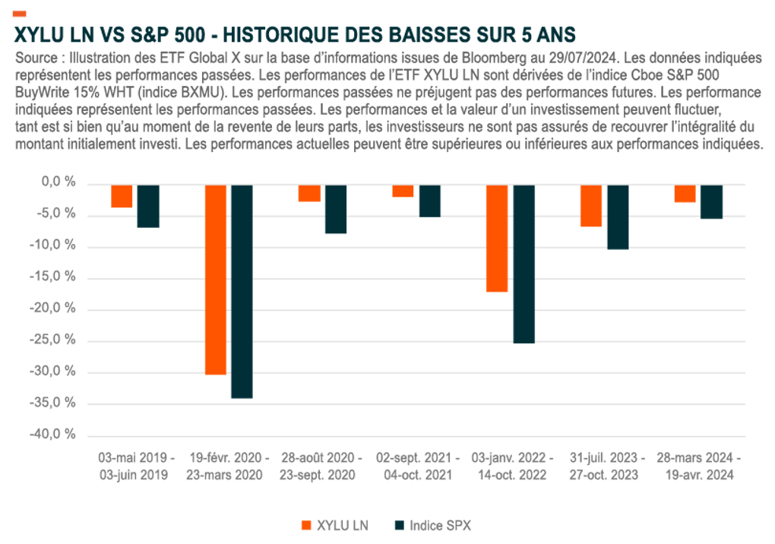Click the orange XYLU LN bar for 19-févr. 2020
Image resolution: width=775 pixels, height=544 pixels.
(x=216, y=279)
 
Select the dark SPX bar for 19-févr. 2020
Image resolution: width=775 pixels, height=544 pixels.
(x=242, y=291)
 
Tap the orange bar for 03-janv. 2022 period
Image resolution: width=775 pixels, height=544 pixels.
(x=497, y=238)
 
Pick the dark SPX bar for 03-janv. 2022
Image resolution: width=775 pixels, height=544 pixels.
(x=524, y=264)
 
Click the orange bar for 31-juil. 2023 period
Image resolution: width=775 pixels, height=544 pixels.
(x=591, y=205)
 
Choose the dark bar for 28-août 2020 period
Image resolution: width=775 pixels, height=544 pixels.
(x=336, y=209)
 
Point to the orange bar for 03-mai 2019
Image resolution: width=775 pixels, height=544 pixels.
(x=122, y=196)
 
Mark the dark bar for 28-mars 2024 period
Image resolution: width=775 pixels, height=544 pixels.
(x=712, y=201)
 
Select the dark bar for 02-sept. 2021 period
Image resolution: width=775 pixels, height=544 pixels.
(x=430, y=201)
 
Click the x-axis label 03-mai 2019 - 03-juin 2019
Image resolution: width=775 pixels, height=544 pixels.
(x=136, y=467)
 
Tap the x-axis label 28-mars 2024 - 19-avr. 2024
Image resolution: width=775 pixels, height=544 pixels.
(x=699, y=467)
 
